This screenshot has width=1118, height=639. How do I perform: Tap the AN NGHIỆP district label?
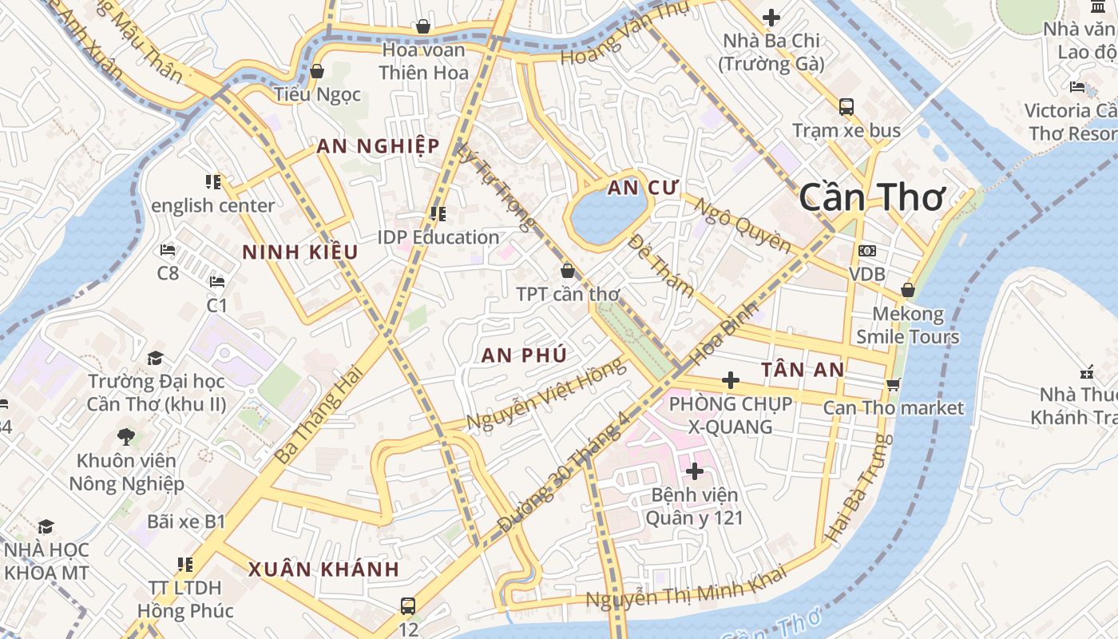(378, 146)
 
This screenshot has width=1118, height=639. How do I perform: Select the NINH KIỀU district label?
(300, 252)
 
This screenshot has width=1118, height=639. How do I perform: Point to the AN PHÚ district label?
(524, 355)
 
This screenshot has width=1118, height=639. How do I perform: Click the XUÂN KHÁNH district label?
(323, 570)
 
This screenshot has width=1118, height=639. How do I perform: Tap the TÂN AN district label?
(803, 369)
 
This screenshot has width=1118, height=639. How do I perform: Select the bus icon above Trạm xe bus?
(846, 106)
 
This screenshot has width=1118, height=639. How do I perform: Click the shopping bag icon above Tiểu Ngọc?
(317, 71)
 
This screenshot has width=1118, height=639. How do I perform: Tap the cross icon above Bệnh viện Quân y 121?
(695, 471)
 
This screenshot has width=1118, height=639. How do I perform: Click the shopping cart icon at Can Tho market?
(894, 384)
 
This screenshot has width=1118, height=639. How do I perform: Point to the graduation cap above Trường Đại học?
(156, 358)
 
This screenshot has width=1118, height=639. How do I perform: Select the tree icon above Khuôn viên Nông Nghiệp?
(125, 436)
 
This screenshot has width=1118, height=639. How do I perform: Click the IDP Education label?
(438, 237)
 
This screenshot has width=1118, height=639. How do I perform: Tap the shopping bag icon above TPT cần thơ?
(567, 271)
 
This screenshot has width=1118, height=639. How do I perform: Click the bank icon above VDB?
(866, 251)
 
